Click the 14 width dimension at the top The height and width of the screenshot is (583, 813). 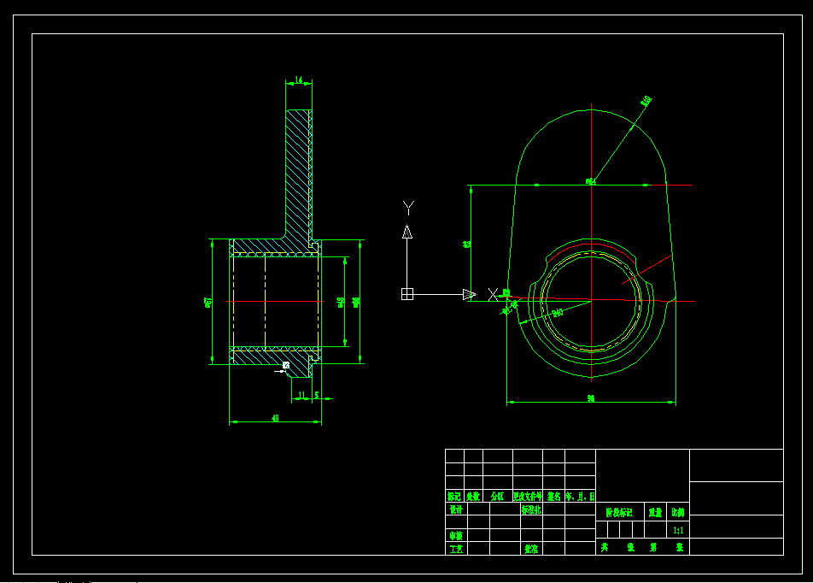click(298, 80)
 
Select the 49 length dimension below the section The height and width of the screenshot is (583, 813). click(275, 418)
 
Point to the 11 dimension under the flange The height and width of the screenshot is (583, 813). click(301, 395)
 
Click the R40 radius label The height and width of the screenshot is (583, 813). click(646, 100)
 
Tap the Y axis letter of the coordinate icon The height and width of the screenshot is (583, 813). click(408, 206)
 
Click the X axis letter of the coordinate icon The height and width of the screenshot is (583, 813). click(493, 294)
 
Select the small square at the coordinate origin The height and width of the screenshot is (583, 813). click(407, 294)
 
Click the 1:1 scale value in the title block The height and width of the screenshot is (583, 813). click(678, 530)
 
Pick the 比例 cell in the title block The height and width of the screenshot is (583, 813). click(678, 512)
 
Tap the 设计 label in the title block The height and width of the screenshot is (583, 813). click(456, 509)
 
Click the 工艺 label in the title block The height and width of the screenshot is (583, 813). click(456, 549)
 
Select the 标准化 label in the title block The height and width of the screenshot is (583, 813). click(530, 509)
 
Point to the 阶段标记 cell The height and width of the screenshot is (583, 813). click(619, 512)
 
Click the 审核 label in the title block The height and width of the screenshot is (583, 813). click(456, 536)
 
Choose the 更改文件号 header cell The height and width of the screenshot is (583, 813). click(527, 496)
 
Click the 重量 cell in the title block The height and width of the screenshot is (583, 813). click(655, 512)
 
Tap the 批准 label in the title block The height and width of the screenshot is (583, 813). click(530, 549)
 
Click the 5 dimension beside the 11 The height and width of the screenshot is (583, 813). click(317, 395)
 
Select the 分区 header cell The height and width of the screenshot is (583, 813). click(497, 496)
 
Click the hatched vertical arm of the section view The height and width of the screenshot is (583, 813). click(297, 171)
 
